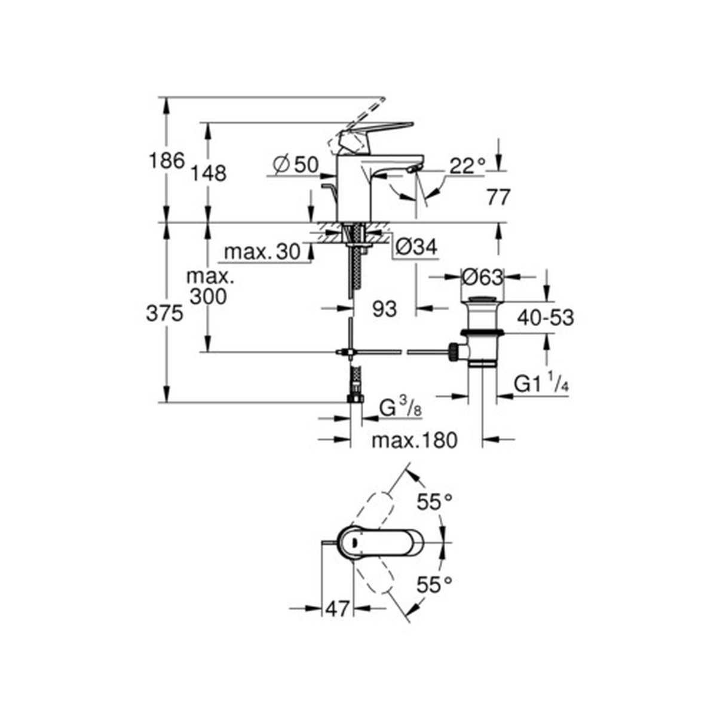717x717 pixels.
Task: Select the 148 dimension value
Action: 209,174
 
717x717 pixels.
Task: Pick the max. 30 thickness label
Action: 262,253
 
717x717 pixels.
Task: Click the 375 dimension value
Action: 164,314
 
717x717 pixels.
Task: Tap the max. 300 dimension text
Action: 209,287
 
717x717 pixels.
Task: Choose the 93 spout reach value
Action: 384,309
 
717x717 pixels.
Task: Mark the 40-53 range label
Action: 544,318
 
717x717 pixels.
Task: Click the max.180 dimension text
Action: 414,441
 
